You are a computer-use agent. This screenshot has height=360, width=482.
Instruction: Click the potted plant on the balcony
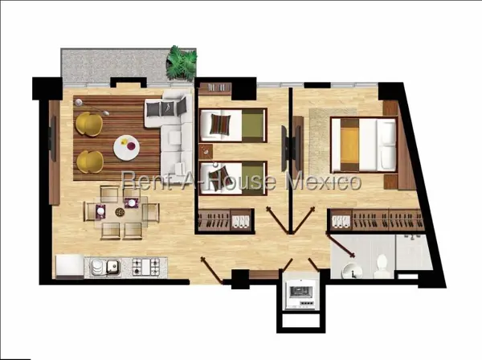(182, 63)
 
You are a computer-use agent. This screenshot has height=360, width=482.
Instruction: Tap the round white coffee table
(127, 148)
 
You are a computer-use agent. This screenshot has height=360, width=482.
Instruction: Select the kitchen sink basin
(112, 266)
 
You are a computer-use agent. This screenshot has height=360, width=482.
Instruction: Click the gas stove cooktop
(146, 267)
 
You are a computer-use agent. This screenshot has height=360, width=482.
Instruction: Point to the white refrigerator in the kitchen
(70, 267)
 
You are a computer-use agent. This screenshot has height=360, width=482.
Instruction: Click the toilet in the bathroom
(382, 266)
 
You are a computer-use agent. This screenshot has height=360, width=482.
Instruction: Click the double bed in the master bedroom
(364, 145)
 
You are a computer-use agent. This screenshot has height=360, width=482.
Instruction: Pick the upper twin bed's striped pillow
(220, 124)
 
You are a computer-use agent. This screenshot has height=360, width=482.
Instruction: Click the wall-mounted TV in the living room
(52, 138)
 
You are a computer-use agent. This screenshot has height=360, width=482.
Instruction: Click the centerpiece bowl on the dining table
(120, 212)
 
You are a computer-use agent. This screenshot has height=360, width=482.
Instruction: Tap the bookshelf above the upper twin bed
(214, 88)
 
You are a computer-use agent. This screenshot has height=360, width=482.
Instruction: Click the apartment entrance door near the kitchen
(212, 270)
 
